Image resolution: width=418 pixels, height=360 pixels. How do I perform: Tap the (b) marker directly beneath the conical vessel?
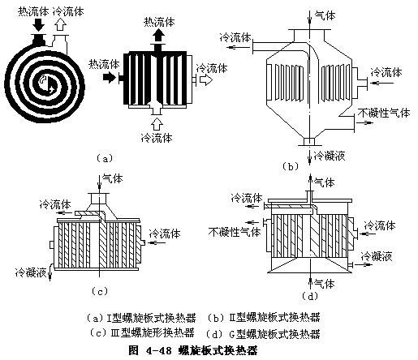(x=290, y=166)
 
